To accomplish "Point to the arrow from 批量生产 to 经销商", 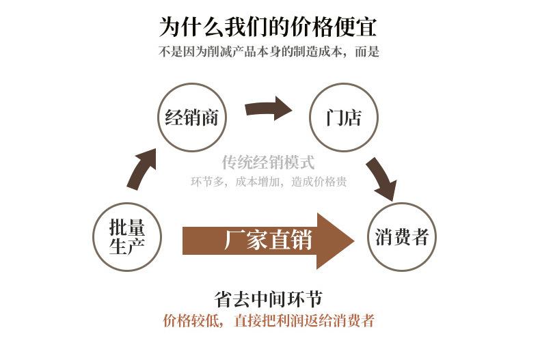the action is point(141,169).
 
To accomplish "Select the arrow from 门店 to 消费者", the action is point(382,178).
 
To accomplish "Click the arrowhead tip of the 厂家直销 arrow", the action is point(354,241).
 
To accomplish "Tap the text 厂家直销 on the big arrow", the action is point(268,240).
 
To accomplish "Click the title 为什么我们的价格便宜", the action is point(267,27).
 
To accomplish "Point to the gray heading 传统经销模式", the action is point(268,163).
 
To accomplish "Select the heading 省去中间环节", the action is point(268,299).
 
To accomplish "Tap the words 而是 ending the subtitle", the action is point(367,52).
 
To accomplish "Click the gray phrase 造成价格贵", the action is point(319,182).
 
